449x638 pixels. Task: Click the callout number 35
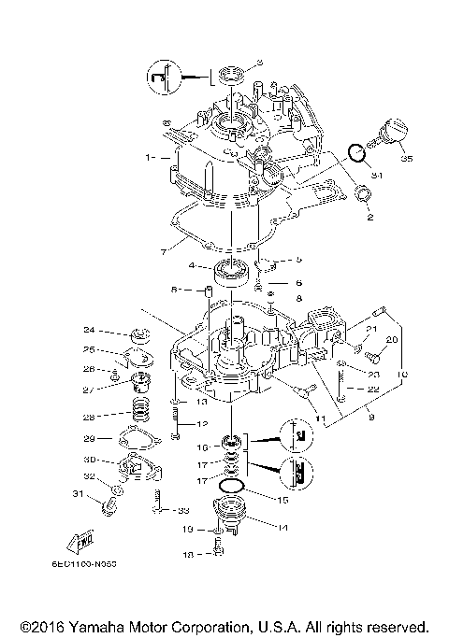click(406, 160)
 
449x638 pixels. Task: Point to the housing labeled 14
click(229, 515)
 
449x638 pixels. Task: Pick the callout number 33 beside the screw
click(183, 510)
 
